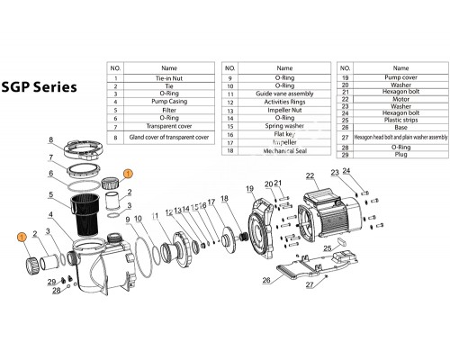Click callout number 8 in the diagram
click(52, 140)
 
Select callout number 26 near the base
click(266, 280)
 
